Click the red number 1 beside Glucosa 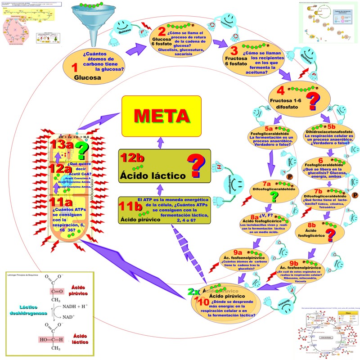pos(75,67)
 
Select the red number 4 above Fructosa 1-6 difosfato pos(280,90)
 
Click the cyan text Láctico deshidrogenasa pos(25,310)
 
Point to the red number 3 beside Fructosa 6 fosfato pos(234,52)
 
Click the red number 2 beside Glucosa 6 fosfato pos(162,32)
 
